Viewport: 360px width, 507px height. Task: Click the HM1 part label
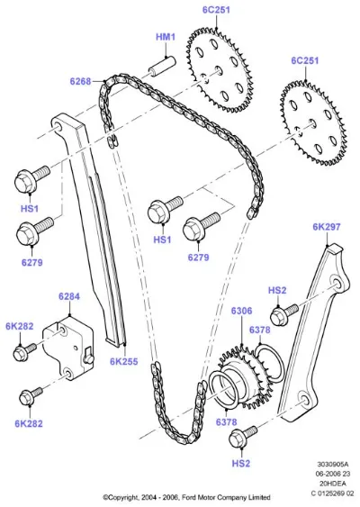166,37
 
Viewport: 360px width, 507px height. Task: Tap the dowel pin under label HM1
162,67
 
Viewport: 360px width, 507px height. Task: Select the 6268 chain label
80,81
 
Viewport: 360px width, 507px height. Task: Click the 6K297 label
327,227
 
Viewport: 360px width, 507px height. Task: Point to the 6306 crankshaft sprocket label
241,311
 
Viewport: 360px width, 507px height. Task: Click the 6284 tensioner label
69,296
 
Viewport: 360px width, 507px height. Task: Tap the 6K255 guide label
124,361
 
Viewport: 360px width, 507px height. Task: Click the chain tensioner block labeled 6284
68,348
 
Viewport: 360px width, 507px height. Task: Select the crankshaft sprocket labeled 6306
246,376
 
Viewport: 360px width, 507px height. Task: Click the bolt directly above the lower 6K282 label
31,396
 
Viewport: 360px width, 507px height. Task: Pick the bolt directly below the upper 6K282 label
24,352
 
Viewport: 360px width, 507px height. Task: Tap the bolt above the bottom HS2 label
243,437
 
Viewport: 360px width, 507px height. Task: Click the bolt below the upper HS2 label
284,314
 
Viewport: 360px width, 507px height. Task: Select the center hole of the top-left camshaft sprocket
219,70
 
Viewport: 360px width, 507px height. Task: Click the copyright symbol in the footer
105,497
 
